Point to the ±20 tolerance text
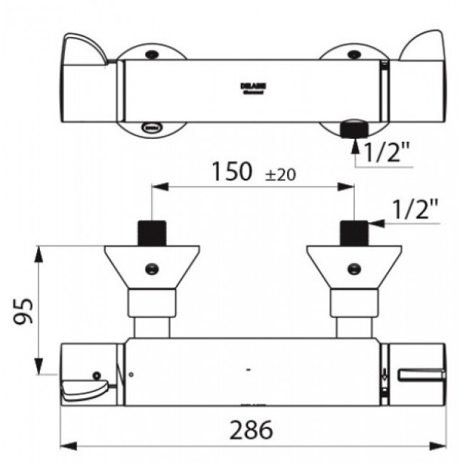pyautogui.click(x=281, y=175)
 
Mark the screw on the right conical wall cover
pyautogui.click(x=353, y=269)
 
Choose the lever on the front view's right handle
pyautogui.click(x=421, y=375)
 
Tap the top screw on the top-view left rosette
pyautogui.click(x=150, y=54)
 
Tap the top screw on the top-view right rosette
pyautogui.click(x=353, y=54)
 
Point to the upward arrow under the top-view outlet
pyautogui.click(x=353, y=148)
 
